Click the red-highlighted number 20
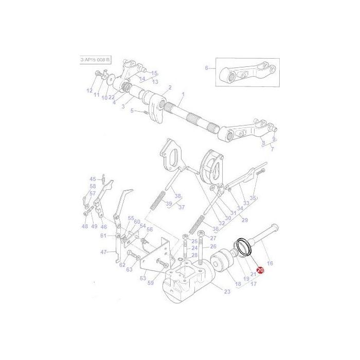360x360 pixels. click(260, 269)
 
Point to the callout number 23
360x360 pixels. click(227, 292)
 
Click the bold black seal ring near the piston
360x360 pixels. click(241, 246)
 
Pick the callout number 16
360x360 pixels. click(270, 263)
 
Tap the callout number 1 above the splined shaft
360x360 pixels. click(182, 95)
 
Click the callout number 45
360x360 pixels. click(93, 178)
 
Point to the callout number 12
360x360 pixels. click(89, 91)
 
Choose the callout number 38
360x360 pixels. click(177, 196)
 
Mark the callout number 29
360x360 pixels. click(245, 220)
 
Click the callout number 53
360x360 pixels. click(142, 278)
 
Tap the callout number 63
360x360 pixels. click(129, 269)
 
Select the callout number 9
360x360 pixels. click(274, 138)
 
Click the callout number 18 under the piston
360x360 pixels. click(238, 284)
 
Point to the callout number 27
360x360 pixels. click(213, 238)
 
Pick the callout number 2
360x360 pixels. click(170, 88)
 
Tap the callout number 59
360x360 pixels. click(151, 282)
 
